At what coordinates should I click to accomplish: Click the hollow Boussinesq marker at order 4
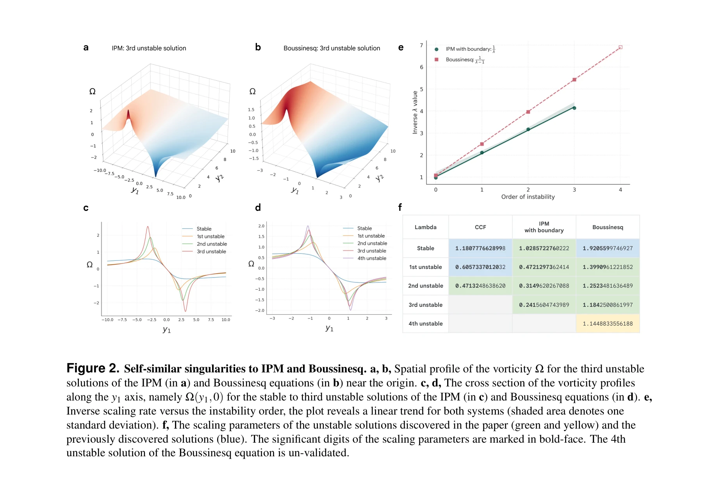pyautogui.click(x=620, y=48)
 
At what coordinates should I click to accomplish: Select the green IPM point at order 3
pyautogui.click(x=574, y=108)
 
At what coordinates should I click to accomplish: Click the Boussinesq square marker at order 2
pyautogui.click(x=528, y=112)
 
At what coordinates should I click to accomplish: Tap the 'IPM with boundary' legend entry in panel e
pyautogui.click(x=468, y=49)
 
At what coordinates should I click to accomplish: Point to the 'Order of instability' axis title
pyautogui.click(x=528, y=197)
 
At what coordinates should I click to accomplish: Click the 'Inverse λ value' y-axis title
pyautogui.click(x=415, y=112)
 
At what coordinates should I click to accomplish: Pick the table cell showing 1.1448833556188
pyautogui.click(x=607, y=324)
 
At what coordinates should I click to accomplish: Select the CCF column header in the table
pyautogui.click(x=480, y=227)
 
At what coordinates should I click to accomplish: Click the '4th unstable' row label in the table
pyautogui.click(x=425, y=324)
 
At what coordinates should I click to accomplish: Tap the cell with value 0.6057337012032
pyautogui.click(x=480, y=267)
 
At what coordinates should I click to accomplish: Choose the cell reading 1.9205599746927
pyautogui.click(x=607, y=248)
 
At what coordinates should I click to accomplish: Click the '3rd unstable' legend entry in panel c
pyautogui.click(x=211, y=251)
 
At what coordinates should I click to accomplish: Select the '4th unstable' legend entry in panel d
pyautogui.click(x=371, y=258)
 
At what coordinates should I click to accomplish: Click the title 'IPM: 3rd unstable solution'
pyautogui.click(x=149, y=48)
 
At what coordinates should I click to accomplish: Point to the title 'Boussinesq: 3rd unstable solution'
pyautogui.click(x=332, y=48)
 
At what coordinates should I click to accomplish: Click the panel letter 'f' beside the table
pyautogui.click(x=400, y=207)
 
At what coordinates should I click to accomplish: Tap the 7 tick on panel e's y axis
pyautogui.click(x=421, y=45)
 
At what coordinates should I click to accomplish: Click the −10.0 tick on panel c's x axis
pyautogui.click(x=107, y=320)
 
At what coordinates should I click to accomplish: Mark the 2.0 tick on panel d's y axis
pyautogui.click(x=261, y=226)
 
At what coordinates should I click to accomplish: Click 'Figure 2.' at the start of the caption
pyautogui.click(x=93, y=368)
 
